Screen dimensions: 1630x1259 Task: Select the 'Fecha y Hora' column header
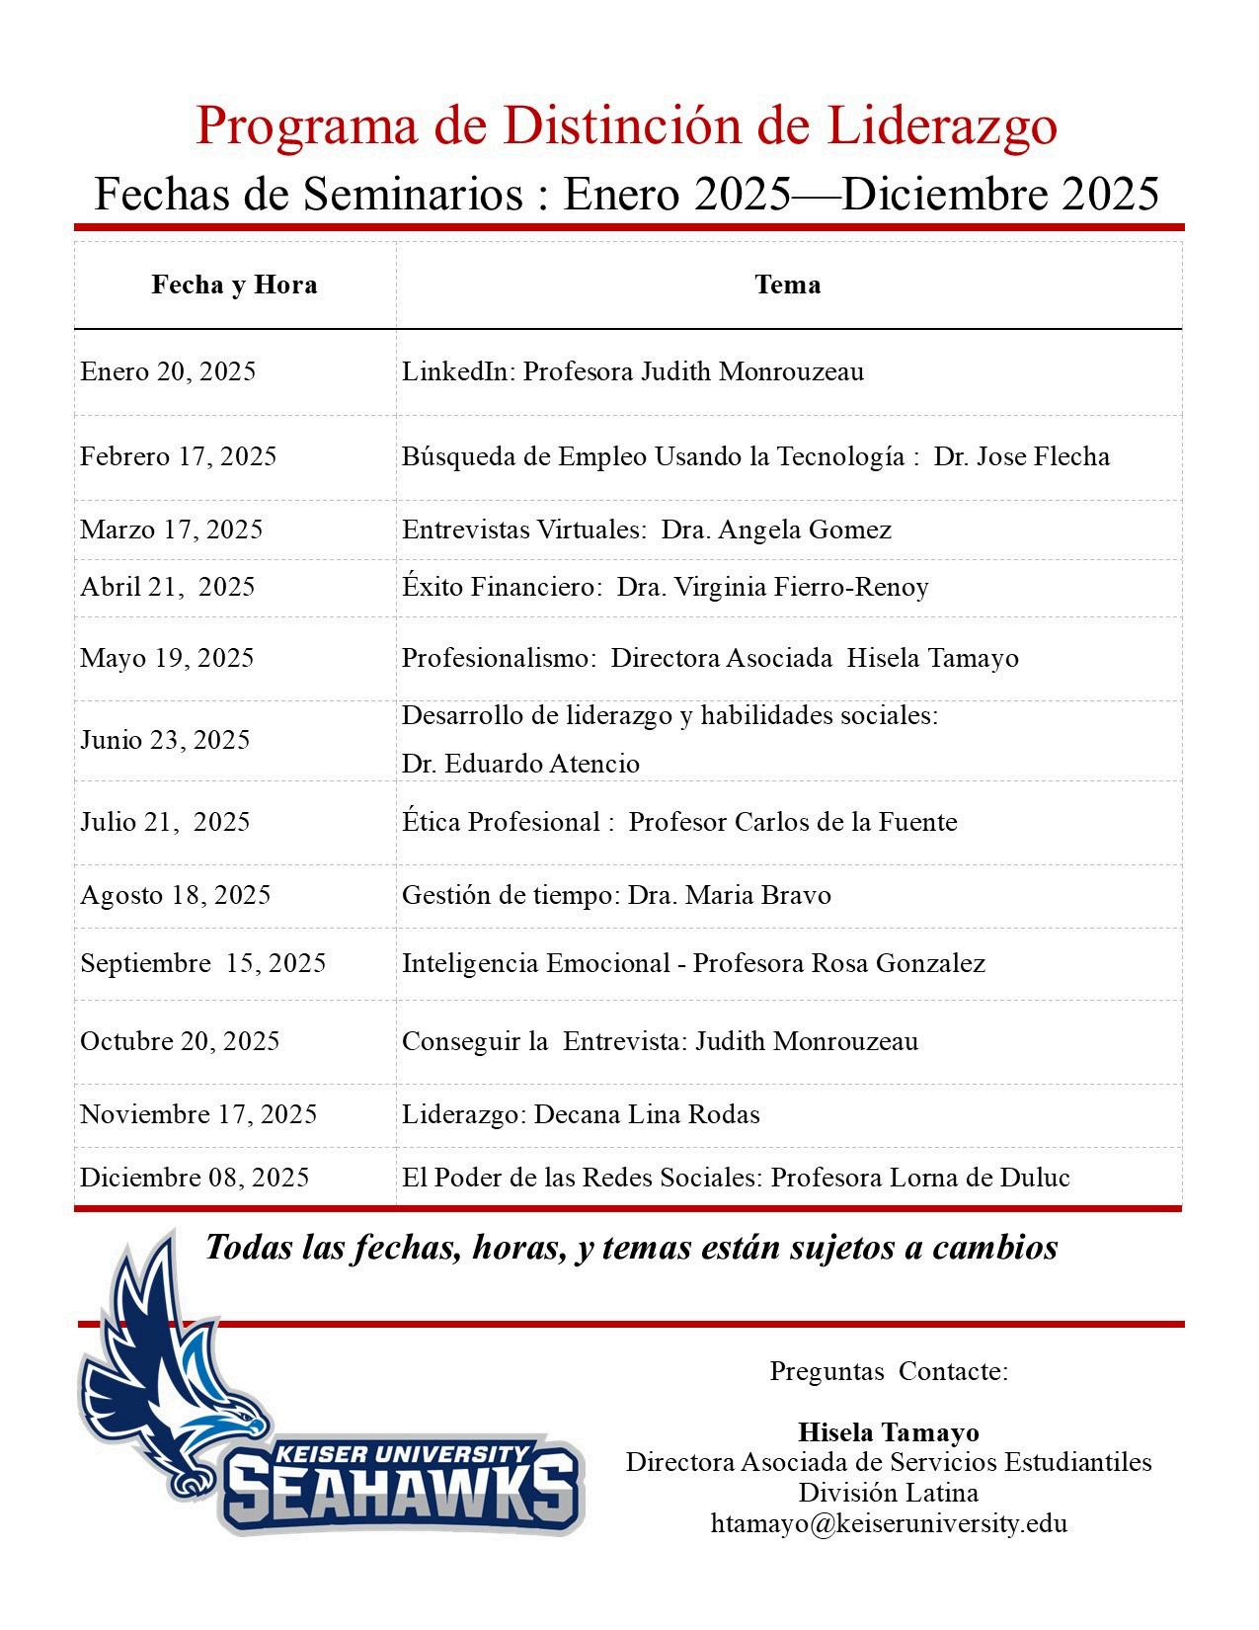pos(234,285)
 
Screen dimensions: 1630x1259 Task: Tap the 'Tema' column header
pos(787,285)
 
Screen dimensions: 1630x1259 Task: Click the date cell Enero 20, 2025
pos(168,372)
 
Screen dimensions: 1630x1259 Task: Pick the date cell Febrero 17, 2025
pos(179,457)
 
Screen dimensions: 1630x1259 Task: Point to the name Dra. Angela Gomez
pos(776,530)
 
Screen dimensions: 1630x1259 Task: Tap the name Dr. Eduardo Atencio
pos(520,765)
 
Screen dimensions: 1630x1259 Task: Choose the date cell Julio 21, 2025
pos(165,823)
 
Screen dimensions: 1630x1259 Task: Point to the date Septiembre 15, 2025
pos(203,964)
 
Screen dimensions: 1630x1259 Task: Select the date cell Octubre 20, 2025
pos(180,1042)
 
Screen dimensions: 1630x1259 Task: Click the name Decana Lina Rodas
pos(647,1115)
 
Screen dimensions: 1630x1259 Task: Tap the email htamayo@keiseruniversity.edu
pos(889,1523)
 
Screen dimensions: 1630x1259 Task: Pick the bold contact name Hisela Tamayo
pos(889,1432)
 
